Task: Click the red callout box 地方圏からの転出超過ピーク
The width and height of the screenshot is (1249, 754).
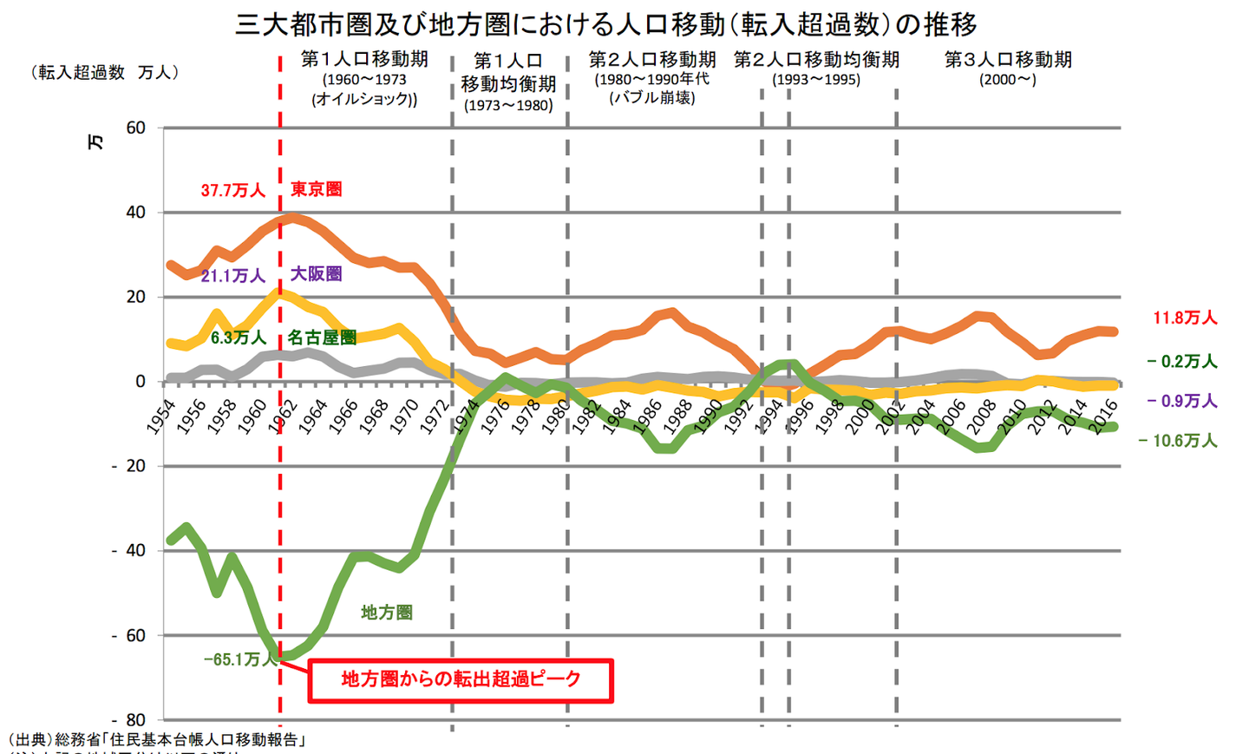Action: pos(461,680)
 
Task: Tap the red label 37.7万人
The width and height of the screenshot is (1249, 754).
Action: pos(232,190)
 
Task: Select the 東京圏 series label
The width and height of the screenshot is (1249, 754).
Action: pos(316,189)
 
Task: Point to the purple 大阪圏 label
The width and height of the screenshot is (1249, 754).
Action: pos(316,274)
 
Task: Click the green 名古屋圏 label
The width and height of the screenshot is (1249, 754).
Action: pos(322,338)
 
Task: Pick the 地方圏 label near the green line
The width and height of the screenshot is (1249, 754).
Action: pos(386,613)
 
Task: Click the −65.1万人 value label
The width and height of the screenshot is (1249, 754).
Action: pos(239,659)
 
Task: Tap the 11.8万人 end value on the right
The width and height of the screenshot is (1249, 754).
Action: pos(1185,318)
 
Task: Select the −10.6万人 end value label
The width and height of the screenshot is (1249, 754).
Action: pos(1178,441)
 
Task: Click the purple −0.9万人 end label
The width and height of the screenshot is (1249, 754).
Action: pos(1182,401)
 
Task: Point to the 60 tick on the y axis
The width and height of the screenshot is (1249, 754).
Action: pos(135,128)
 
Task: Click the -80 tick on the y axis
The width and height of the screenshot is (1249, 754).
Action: pos(129,720)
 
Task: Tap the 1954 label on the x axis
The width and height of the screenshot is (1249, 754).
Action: pos(160,417)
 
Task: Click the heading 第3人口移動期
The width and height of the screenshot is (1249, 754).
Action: pos(1008,60)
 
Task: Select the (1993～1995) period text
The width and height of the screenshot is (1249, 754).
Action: pos(816,80)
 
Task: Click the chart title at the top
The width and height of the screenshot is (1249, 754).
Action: pos(606,23)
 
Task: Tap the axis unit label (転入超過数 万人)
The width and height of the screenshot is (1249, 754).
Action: pos(104,73)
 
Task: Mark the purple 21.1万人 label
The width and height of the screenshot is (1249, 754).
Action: pos(232,276)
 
